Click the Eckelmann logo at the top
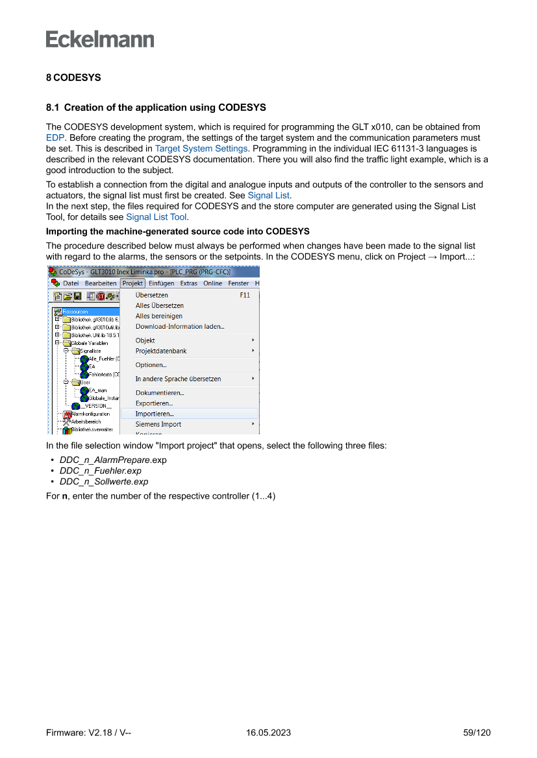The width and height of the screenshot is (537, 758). coord(100,39)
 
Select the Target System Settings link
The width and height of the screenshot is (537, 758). coord(201,148)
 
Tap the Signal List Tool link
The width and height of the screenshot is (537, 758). coord(156,217)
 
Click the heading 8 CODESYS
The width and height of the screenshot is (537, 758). coord(73,77)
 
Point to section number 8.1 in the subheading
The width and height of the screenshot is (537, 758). coord(53,107)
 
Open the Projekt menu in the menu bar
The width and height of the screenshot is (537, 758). coord(132,283)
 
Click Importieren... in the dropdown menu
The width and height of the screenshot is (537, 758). coord(155,414)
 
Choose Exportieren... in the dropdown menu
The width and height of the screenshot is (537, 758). coord(154,403)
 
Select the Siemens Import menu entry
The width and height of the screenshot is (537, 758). coord(158,424)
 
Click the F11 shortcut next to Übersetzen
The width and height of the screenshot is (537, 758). coord(245,295)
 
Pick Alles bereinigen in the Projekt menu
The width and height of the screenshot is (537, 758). coord(159,316)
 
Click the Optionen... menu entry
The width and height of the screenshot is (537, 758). coord(151,365)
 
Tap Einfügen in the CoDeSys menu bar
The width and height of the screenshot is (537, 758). coord(161,283)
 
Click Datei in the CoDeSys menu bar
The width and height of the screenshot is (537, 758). coord(71,283)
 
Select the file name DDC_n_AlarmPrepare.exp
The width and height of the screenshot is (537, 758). coord(113,460)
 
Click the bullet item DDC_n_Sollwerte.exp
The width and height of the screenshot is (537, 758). coord(104,482)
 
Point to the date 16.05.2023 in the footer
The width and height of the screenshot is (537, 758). coord(268,733)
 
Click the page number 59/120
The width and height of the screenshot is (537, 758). coord(477,733)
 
